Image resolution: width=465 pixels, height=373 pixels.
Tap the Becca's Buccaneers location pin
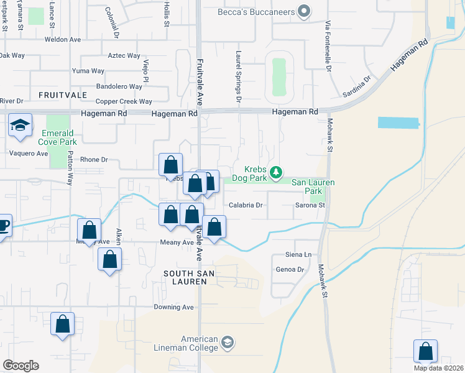pyautogui.click(x=304, y=11)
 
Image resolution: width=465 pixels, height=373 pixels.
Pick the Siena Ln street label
pyautogui.click(x=298, y=255)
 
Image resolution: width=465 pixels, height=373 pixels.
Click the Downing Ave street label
pyautogui.click(x=174, y=307)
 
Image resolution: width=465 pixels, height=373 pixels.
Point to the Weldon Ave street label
pyautogui.click(x=62, y=39)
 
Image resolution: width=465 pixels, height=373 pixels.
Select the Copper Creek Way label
pyautogui.click(x=124, y=101)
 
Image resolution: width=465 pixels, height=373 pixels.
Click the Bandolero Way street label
pyautogui.click(x=119, y=86)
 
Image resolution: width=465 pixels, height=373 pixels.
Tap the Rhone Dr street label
pyautogui.click(x=94, y=160)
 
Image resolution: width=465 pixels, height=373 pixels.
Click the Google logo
pyautogui.click(x=21, y=366)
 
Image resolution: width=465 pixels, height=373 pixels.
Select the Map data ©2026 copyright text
pyautogui.click(x=438, y=368)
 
